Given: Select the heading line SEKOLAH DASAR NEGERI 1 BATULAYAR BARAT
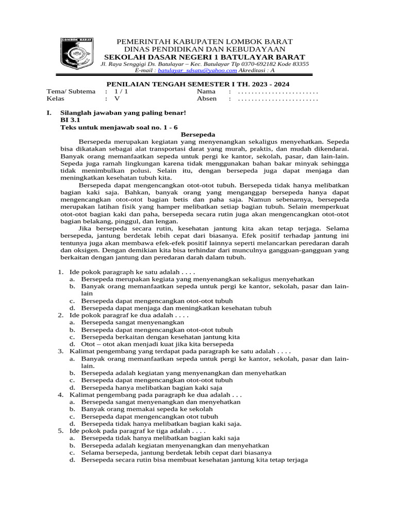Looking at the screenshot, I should [205, 57].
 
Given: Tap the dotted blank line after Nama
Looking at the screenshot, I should [278, 91].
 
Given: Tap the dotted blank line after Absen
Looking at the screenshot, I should [278, 98].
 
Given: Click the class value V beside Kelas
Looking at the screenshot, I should [117, 98].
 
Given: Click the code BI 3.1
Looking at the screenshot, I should [71, 119].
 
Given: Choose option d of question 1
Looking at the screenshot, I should [175, 308].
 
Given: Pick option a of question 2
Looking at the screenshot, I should [132, 322].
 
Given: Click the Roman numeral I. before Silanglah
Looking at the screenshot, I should [49, 112].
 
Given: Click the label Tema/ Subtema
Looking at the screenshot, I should [71, 91].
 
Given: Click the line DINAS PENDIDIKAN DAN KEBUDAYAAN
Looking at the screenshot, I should [205, 49].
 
